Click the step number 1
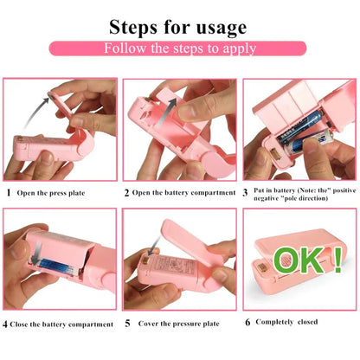tap(9, 192)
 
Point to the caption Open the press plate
tap(60, 192)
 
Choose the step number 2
tap(126, 192)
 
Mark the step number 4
tap(7, 324)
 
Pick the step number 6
tap(248, 322)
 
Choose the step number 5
tap(126, 324)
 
